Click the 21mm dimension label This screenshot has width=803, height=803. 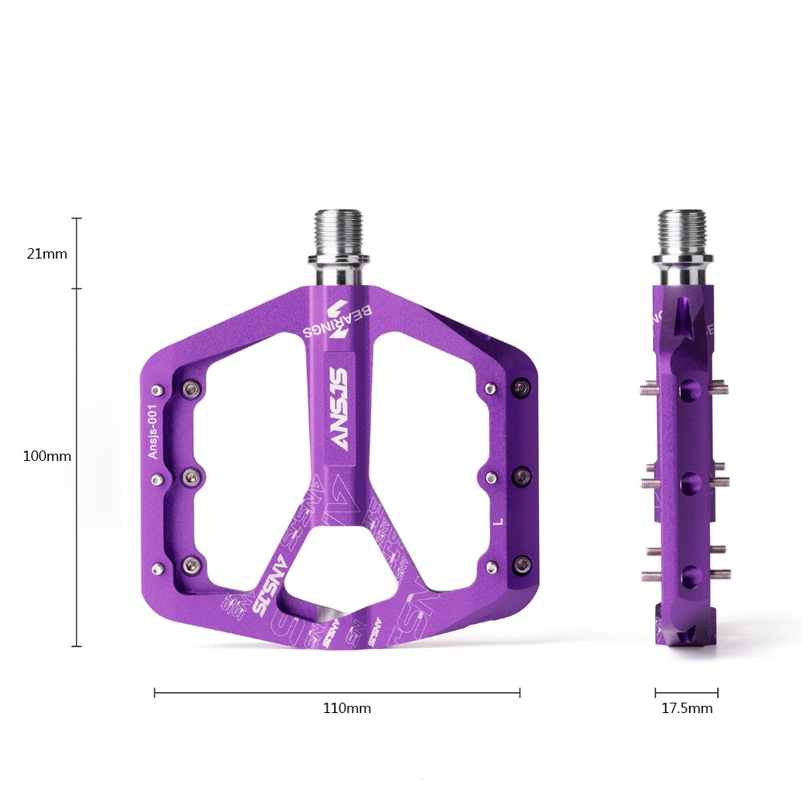point(47,254)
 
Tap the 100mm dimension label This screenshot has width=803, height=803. point(47,456)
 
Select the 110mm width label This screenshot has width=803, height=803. point(347,708)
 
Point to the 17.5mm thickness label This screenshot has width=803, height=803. point(687,708)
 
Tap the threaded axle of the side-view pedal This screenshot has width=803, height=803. point(683,231)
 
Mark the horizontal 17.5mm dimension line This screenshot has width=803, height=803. point(687,692)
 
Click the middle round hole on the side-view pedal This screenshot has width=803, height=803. point(687,482)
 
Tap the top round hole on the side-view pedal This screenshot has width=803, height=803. point(687,391)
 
